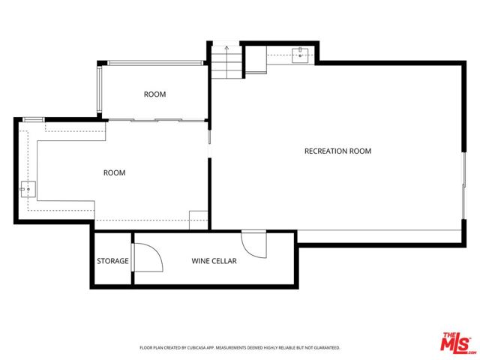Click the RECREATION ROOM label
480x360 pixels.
click(x=337, y=151)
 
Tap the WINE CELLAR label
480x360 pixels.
click(x=214, y=261)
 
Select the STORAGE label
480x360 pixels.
click(x=112, y=261)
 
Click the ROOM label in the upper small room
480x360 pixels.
click(x=154, y=94)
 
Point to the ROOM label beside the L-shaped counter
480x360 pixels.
click(x=114, y=173)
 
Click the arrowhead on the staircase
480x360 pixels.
click(x=226, y=49)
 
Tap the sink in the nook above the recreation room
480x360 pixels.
click(x=300, y=53)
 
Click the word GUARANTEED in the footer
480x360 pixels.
click(x=325, y=348)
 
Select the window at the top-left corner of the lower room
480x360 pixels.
click(x=33, y=118)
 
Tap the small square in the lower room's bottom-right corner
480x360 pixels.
click(x=199, y=220)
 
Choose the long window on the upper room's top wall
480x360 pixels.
click(x=154, y=63)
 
